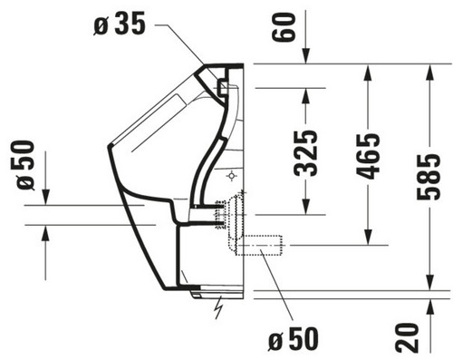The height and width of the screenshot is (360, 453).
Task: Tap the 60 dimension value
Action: (283, 27)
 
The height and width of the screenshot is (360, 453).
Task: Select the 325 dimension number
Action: (305, 153)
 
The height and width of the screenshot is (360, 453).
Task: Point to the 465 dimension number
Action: (368, 156)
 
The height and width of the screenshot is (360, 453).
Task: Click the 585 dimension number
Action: (429, 177)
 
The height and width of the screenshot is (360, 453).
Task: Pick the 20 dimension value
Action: (408, 337)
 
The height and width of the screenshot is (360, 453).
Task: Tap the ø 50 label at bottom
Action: (294, 339)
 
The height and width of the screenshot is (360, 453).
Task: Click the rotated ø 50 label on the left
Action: (25, 165)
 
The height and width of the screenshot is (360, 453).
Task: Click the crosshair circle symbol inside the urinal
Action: (231, 175)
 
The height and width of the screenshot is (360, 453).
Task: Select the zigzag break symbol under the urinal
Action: (219, 307)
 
